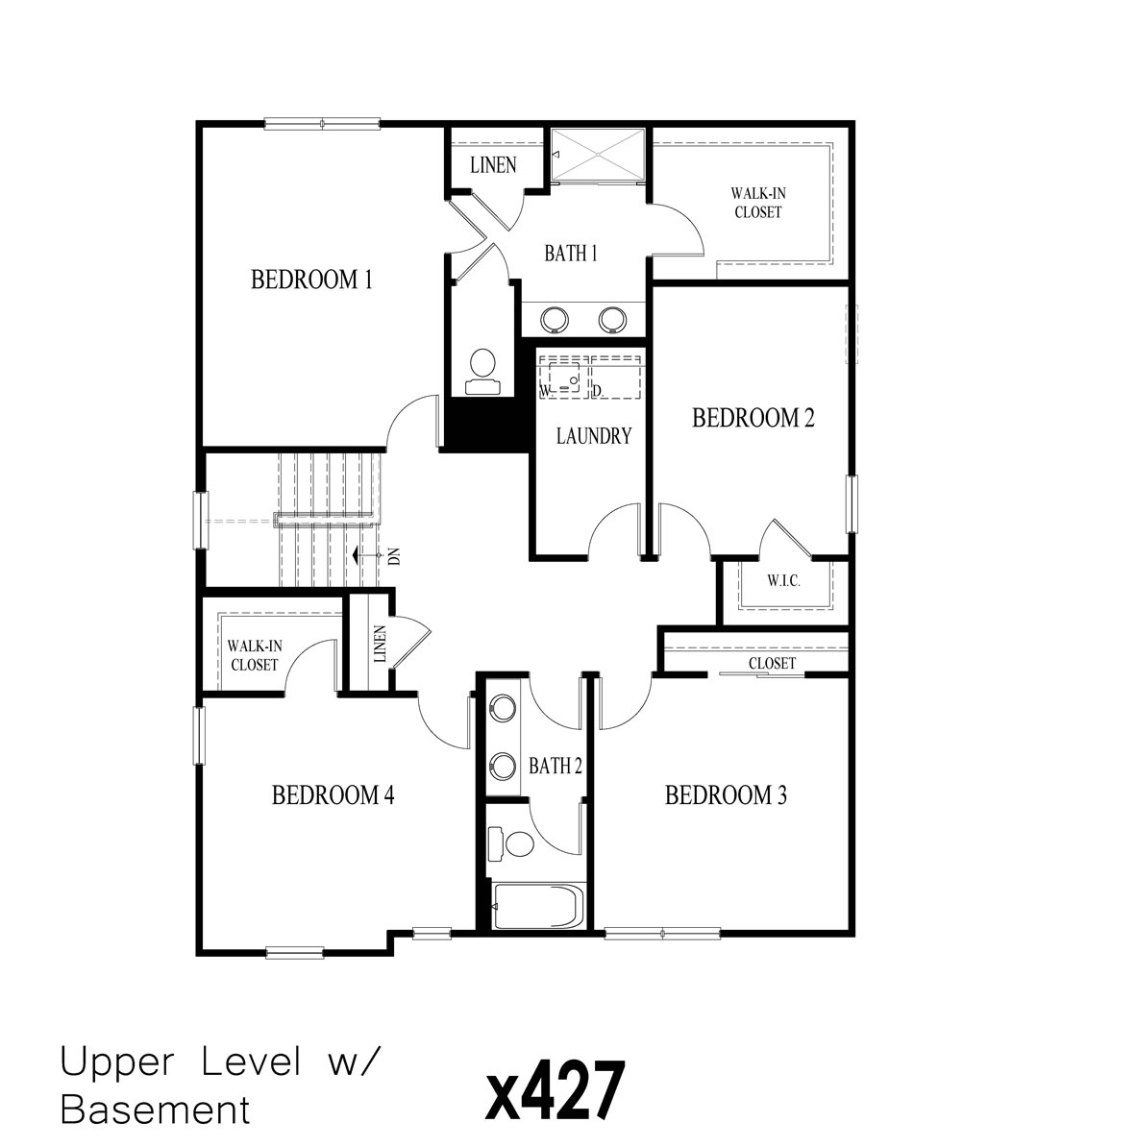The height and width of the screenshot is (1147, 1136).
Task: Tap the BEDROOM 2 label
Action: coord(753,418)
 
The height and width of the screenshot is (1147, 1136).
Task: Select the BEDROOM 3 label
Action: coord(726,795)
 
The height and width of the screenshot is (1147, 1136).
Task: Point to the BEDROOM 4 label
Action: coord(333,795)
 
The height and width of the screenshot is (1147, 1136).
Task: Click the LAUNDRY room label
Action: coord(594,436)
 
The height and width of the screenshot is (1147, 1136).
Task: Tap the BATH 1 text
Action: coord(571,254)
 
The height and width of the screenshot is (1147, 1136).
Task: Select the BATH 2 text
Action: coord(556,766)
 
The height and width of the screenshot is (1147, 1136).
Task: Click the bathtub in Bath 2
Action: coord(535,906)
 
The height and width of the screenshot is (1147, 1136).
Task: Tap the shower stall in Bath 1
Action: coord(599,154)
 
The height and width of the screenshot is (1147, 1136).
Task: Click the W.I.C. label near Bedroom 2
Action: coord(784,582)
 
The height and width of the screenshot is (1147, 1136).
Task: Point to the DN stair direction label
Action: coord(394,556)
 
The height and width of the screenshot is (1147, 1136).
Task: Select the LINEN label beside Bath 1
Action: coord(493,165)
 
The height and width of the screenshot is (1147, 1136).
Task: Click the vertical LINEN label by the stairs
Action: coord(379,644)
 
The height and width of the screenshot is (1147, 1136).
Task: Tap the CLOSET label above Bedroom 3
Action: coord(772,664)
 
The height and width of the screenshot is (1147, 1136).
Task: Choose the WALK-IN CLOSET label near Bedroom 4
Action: coord(254,655)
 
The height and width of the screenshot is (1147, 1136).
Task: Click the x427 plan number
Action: coord(556,1089)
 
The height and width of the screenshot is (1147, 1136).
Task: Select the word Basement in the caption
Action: coord(155,1110)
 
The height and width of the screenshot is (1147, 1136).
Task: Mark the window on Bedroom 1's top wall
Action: coord(323,123)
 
